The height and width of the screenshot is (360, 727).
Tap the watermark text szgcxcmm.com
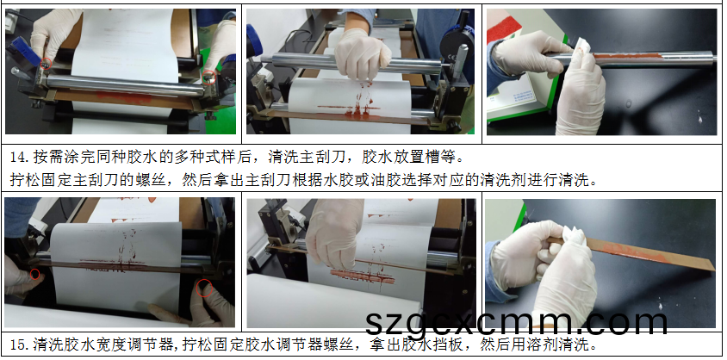pos(516,323)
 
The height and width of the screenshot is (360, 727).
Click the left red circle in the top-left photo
pos(46,64)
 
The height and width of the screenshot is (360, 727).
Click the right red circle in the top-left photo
pos(209,77)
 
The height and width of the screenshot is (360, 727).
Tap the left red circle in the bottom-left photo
pos(34,274)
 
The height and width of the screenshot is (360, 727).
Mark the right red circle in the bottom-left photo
pos(204,288)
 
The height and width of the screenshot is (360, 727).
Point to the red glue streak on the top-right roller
pos(625,57)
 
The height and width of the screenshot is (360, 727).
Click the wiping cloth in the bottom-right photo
pos(573,242)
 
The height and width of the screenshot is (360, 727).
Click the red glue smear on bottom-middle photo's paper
pos(363,276)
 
